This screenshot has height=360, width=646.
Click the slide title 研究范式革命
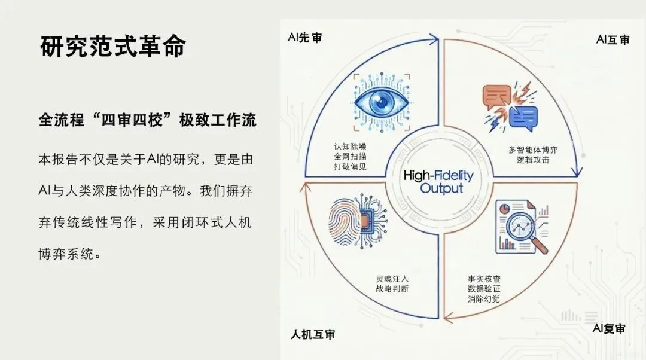(x=113, y=47)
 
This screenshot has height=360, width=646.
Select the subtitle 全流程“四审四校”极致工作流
(x=147, y=120)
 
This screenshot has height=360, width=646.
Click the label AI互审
(x=613, y=40)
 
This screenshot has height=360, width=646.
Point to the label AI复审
(x=609, y=328)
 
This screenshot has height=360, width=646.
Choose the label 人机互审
(x=313, y=333)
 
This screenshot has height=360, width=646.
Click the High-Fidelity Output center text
(x=438, y=182)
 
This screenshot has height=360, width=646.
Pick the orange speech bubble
(x=496, y=97)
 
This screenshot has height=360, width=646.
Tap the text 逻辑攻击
(x=529, y=160)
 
